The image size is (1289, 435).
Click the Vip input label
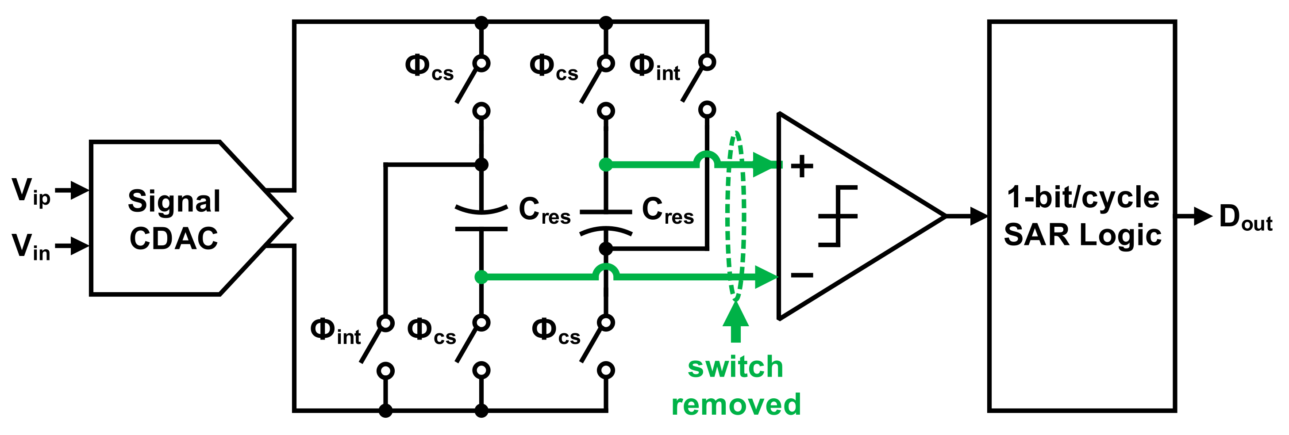coord(31,192)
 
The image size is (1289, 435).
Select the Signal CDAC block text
coord(174,219)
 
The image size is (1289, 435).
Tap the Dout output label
coord(1245,217)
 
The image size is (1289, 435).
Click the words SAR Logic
coord(1082,235)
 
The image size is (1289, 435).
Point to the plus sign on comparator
coord(802,166)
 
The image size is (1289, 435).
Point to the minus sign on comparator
coord(802,275)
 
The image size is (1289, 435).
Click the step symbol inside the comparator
coord(838,216)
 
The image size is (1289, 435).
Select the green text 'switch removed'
coord(735,386)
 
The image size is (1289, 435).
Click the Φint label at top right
coord(654,68)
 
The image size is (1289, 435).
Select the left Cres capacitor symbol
coord(481,218)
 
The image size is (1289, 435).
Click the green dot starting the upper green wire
coord(605,164)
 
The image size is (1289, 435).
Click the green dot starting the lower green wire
coord(481,276)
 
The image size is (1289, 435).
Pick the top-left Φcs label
coord(429,68)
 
